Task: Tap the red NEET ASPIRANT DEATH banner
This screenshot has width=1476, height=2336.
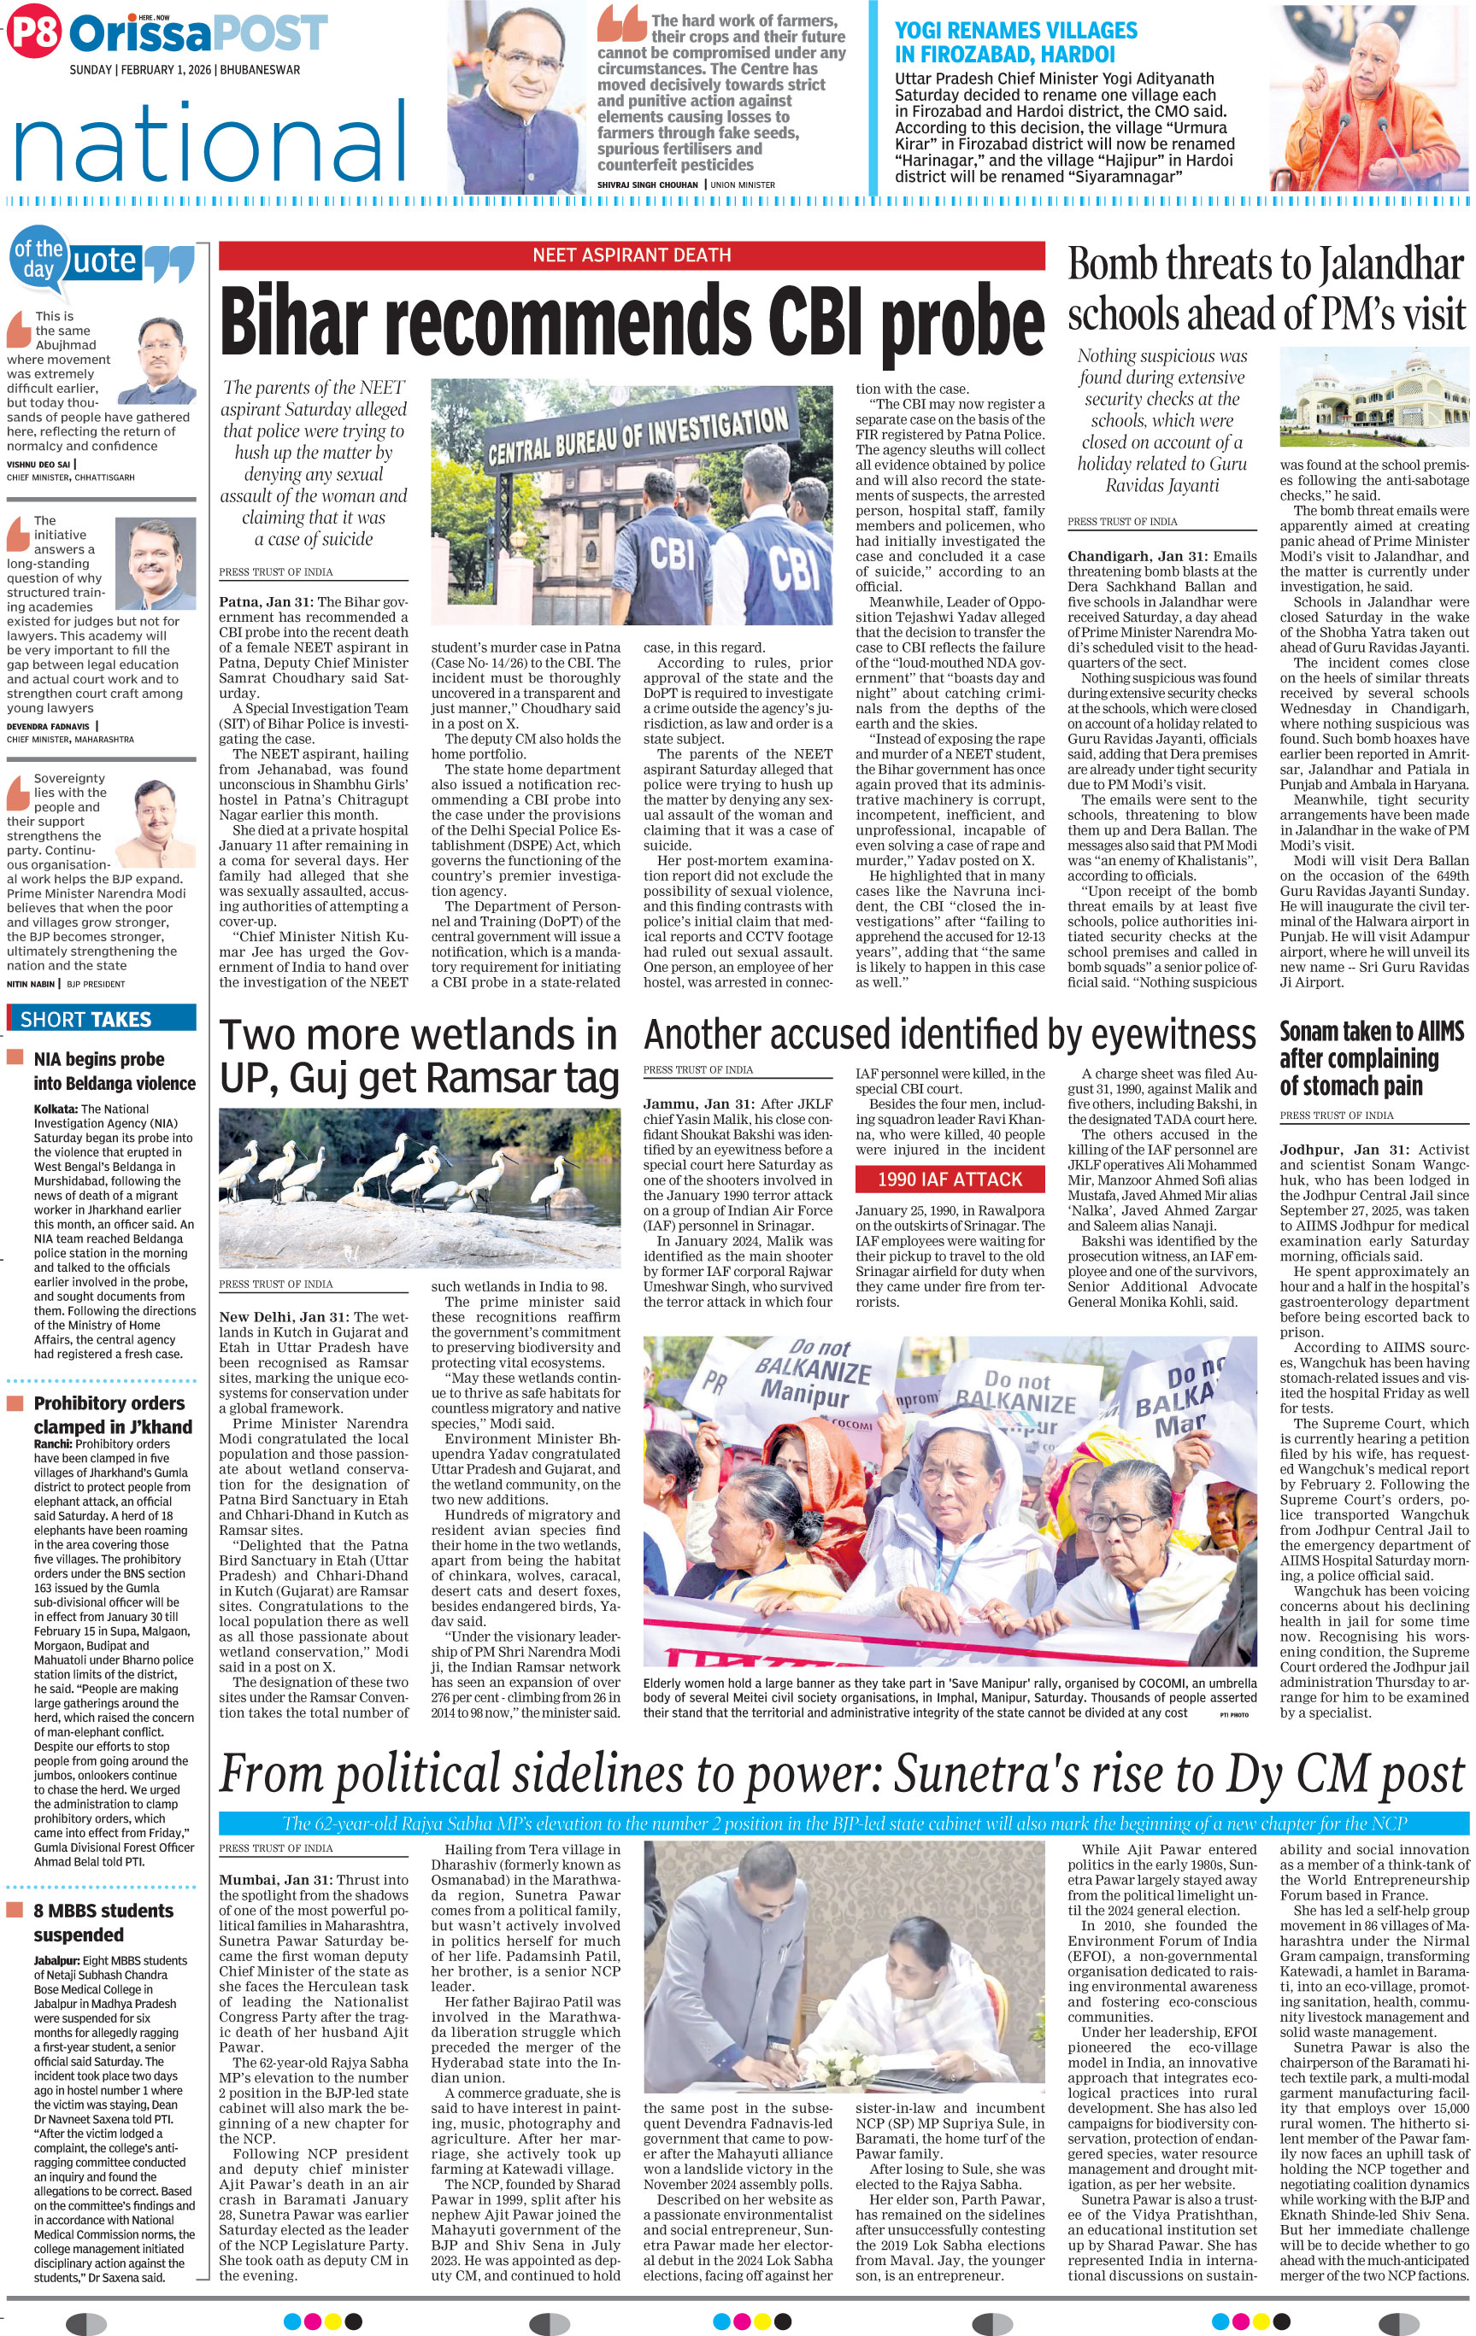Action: click(631, 255)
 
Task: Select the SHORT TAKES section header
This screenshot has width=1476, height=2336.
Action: click(86, 1019)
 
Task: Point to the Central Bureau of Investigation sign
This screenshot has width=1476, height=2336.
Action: click(638, 436)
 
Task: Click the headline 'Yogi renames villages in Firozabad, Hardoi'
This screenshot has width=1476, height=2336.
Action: click(1015, 43)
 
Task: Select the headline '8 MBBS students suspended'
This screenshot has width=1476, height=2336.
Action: click(103, 1922)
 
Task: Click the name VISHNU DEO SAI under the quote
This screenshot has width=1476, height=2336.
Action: click(38, 465)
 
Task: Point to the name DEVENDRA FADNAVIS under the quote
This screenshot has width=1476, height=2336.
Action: click(48, 726)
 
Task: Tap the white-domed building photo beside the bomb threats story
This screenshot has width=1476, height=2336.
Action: click(1373, 398)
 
